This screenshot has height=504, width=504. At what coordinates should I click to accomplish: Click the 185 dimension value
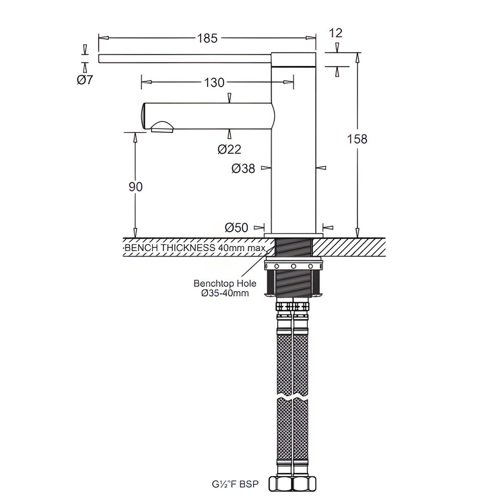pyautogui.click(x=207, y=38)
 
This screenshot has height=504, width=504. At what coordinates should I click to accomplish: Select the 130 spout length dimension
pyautogui.click(x=214, y=83)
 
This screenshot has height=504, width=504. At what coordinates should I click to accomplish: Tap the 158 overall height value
pyautogui.click(x=357, y=139)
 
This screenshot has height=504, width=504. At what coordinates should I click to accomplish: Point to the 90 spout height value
pyautogui.click(x=135, y=187)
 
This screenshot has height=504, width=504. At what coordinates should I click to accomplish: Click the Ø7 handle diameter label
pyautogui.click(x=85, y=80)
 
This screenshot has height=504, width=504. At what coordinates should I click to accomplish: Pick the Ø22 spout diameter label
pyautogui.click(x=229, y=149)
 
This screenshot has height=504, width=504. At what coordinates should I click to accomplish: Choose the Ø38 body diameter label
pyautogui.click(x=243, y=168)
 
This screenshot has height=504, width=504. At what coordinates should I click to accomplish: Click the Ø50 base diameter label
pyautogui.click(x=236, y=228)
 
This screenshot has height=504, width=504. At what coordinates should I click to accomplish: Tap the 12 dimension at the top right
pyautogui.click(x=336, y=33)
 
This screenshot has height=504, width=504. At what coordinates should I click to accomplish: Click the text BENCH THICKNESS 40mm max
pyautogui.click(x=195, y=248)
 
